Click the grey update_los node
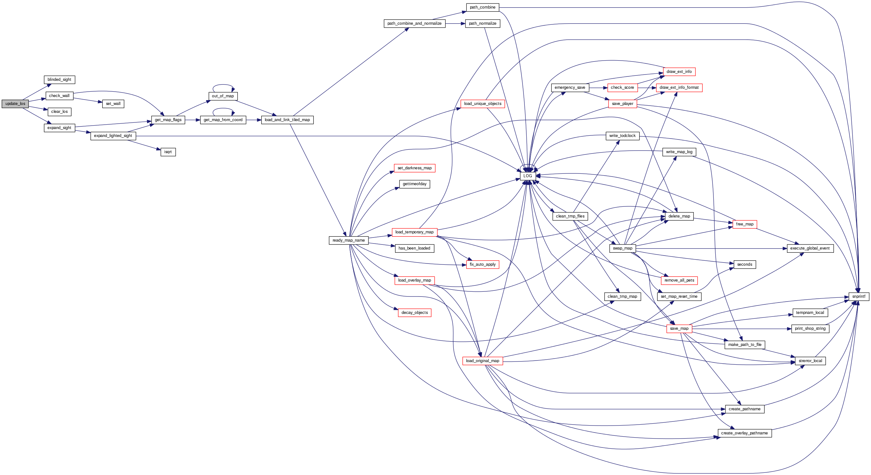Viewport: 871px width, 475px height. click(x=15, y=104)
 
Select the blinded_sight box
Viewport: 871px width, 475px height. click(x=59, y=80)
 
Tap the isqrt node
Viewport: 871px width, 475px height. click(x=168, y=152)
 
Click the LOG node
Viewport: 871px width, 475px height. click(x=528, y=176)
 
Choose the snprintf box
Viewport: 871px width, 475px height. click(x=859, y=296)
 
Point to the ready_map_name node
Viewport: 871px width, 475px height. click(x=348, y=240)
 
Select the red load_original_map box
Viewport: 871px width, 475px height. click(x=483, y=361)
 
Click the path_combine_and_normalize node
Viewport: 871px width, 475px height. click(x=414, y=23)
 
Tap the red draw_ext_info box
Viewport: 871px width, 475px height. click(x=679, y=72)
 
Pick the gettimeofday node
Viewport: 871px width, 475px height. click(x=414, y=184)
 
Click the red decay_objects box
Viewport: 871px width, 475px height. click(x=414, y=313)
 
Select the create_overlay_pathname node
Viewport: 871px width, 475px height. click(x=744, y=433)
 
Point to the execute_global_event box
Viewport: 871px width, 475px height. click(x=810, y=248)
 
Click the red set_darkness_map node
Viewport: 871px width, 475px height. click(x=414, y=168)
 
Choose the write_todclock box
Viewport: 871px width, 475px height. click(x=622, y=136)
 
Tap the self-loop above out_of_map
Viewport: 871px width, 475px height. click(x=223, y=85)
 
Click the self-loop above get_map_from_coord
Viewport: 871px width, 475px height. click(x=223, y=109)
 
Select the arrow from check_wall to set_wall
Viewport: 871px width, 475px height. click(x=88, y=100)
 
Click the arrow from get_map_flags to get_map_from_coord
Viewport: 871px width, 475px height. click(x=192, y=120)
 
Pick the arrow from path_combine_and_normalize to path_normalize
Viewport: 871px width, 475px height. click(x=455, y=23)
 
